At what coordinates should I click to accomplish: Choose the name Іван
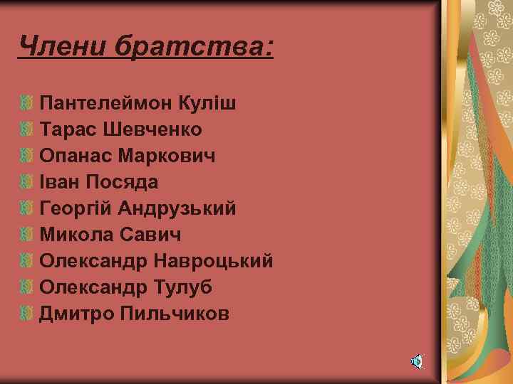tap(60, 182)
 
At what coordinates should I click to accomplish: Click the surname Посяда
tap(123, 182)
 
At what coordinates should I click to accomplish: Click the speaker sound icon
tap(417, 362)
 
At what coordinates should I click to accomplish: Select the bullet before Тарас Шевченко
tap(26, 130)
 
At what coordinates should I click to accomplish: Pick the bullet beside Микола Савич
tap(26, 235)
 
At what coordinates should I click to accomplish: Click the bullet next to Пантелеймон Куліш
tap(26, 104)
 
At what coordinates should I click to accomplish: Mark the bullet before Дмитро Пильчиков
tap(26, 314)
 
